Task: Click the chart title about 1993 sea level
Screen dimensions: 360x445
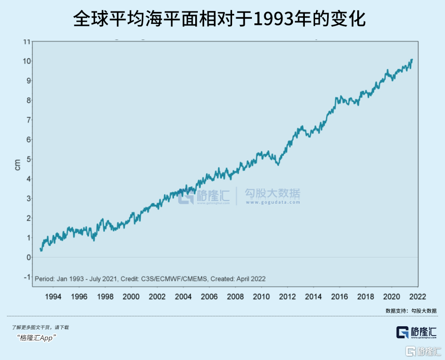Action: (x=222, y=20)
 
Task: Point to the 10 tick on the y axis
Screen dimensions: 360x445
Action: (x=25, y=61)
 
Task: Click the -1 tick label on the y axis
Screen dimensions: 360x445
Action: (x=26, y=277)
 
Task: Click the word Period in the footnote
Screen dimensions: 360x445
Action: (x=45, y=279)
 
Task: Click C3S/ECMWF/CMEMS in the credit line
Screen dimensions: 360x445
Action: (x=174, y=279)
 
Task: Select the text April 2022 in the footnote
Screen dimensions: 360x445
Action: (x=251, y=279)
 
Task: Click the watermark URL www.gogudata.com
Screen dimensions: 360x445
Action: (x=273, y=203)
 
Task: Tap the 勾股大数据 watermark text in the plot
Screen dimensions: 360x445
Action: (x=273, y=194)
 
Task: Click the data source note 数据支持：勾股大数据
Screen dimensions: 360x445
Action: (x=411, y=311)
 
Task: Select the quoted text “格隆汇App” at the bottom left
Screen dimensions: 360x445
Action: (x=37, y=338)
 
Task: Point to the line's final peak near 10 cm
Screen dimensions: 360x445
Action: (x=412, y=60)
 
